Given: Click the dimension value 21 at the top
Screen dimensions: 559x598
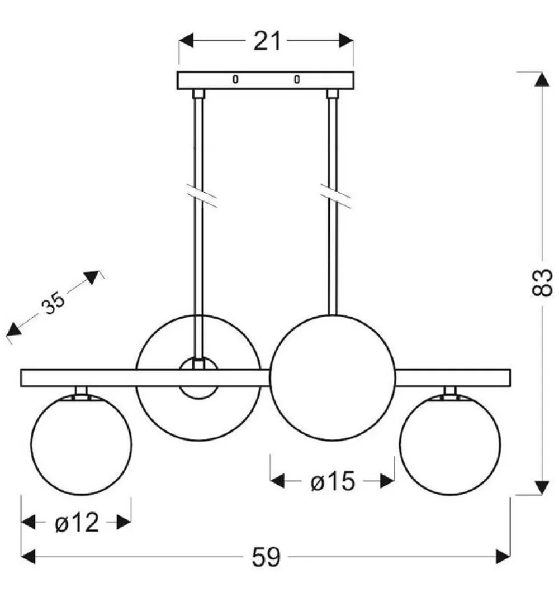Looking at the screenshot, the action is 267,41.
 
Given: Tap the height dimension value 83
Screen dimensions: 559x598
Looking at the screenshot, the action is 542,283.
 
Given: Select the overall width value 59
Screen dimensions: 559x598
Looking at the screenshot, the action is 266,557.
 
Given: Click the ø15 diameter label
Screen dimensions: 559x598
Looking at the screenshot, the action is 333,482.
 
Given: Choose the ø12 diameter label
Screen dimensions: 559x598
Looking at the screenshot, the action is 77,523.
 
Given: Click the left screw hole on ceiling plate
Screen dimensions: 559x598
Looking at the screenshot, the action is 235,79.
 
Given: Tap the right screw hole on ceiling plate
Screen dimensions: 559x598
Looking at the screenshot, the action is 297,79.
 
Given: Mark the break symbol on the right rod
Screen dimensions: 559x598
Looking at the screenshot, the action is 335,196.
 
